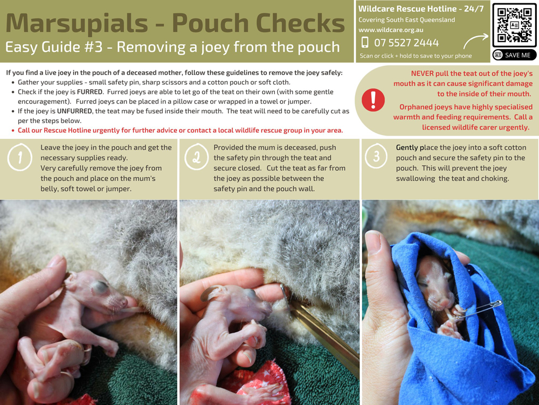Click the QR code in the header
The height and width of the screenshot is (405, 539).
(514, 25)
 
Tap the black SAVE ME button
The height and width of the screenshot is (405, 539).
(514, 55)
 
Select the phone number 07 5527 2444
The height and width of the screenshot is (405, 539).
(406, 43)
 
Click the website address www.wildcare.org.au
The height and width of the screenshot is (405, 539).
(391, 30)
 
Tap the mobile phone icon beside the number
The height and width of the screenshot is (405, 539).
(365, 42)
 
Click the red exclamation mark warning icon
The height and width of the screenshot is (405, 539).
(373, 100)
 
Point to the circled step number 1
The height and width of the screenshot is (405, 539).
(20, 157)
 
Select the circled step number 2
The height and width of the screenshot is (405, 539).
(196, 157)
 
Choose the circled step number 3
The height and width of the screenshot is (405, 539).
(376, 156)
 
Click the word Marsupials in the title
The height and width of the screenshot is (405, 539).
(77, 23)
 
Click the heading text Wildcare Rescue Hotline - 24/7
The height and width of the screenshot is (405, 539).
(421, 9)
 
